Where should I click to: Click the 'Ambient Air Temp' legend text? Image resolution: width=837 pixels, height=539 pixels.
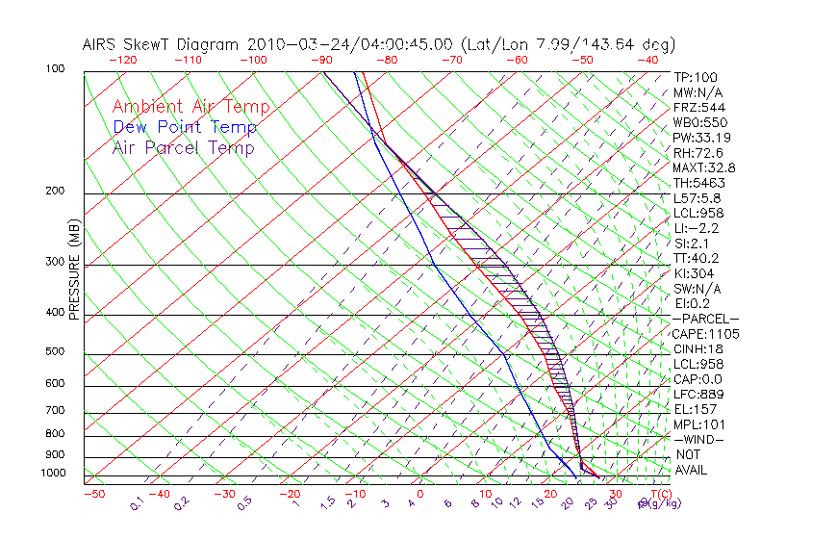pos(190,107)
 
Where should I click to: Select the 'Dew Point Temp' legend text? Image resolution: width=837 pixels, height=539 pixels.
pos(185,127)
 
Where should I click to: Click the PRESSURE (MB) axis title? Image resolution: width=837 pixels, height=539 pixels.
pos(74,270)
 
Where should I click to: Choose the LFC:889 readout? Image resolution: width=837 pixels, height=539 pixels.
pos(698,394)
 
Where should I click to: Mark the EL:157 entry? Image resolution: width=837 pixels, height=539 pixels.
pos(696,409)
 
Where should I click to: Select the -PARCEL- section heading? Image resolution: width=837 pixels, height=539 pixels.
pos(706,319)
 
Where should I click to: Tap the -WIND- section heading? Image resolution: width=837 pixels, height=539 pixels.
pos(699,439)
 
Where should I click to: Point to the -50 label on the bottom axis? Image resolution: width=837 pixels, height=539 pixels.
pos(93,494)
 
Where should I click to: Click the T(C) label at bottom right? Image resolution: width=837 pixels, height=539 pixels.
pos(658,494)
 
